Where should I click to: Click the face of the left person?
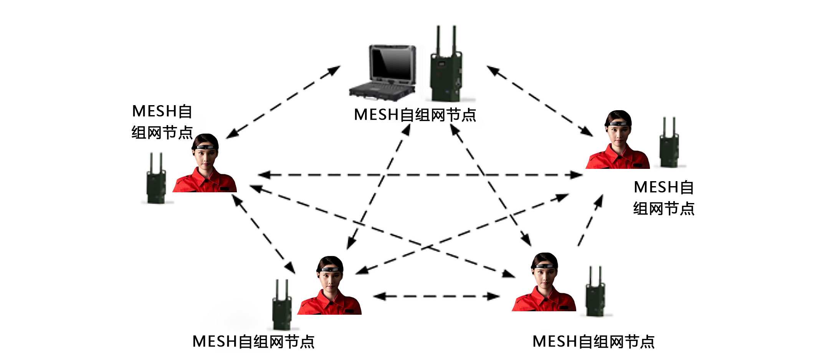click(205, 155)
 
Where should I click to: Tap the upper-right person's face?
click(618, 132)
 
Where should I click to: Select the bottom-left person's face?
click(331, 278)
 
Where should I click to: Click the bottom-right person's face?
click(545, 274)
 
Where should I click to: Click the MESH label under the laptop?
click(415, 115)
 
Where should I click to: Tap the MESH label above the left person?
click(162, 122)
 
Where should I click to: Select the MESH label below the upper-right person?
click(664, 198)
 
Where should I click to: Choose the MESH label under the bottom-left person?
click(253, 341)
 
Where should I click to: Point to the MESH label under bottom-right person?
click(593, 341)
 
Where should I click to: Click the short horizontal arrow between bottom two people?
click(436, 296)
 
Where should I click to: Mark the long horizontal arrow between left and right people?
click(420, 175)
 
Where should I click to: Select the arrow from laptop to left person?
click(283, 102)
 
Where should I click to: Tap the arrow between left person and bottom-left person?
click(263, 234)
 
